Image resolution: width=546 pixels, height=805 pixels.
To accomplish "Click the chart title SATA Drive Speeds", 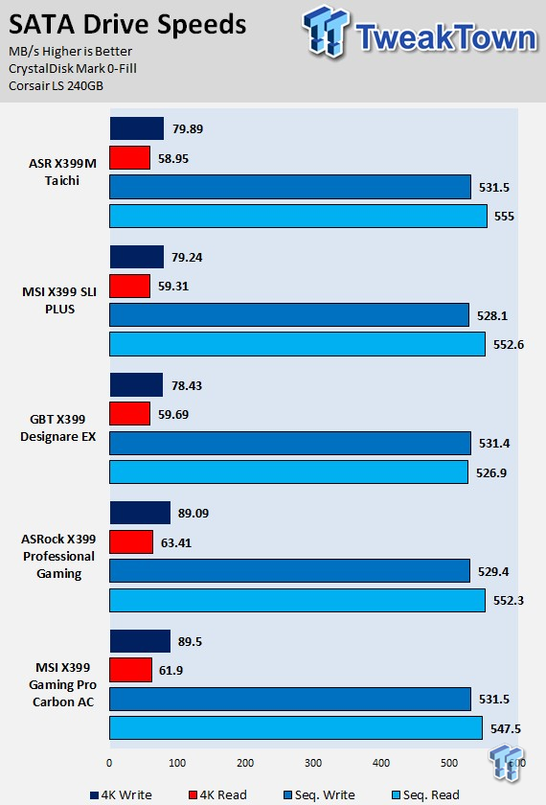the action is point(127,25).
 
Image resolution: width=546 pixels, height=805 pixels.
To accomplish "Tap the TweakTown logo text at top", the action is point(446,37).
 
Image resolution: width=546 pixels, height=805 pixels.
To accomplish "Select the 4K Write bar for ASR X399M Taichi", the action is point(136,128).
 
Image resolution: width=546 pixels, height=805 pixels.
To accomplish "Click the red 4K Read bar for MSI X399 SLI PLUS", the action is point(130,286).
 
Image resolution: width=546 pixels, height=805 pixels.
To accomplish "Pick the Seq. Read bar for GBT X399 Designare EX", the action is point(289,471).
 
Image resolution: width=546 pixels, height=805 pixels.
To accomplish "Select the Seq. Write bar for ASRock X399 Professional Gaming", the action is point(290,570).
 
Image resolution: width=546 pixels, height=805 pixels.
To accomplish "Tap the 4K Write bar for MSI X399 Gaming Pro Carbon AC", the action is point(140,641).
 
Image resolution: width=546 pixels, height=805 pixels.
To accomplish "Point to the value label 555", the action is point(504,217).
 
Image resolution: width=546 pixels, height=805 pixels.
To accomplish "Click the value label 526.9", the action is point(491,472).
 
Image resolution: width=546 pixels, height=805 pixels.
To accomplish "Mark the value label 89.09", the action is point(193,514).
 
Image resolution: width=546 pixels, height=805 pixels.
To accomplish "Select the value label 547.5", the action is point(506,728).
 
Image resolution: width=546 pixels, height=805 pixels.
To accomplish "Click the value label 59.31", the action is point(173,286).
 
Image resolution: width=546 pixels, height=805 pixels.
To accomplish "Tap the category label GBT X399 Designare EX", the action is point(58,427).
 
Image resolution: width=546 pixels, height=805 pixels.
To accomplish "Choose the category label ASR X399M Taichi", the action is point(62,172).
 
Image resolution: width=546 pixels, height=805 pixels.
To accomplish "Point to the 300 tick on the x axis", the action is point(313,763).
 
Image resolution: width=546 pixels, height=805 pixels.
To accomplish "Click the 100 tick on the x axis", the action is point(177,763).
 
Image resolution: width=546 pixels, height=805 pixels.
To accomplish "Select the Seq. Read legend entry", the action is point(425,794).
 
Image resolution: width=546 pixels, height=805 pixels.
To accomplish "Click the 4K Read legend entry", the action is point(218,794).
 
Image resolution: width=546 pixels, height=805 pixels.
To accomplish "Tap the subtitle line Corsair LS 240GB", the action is point(56,85).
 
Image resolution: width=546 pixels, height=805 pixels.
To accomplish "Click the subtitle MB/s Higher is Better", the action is point(70,52).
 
